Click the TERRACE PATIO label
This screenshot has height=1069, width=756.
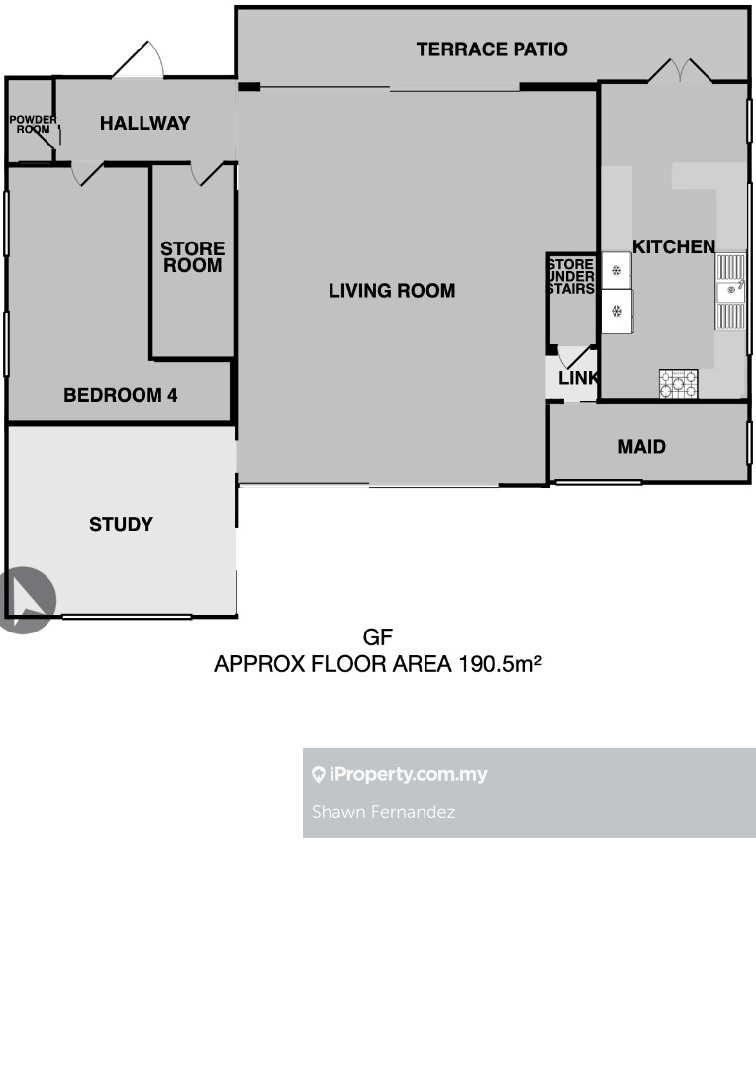point(492,49)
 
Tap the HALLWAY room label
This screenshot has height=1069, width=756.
point(145,123)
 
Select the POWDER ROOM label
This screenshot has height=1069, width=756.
point(33,124)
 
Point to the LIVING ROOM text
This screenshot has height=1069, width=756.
point(392,291)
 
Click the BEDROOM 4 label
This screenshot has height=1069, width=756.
point(121,395)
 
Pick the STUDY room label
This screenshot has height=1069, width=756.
point(122,524)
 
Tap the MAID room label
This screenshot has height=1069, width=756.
point(642,447)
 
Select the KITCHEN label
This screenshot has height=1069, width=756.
point(674,246)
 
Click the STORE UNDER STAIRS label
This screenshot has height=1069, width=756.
point(571,276)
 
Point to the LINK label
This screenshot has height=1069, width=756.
point(578,378)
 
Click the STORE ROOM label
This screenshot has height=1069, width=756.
point(193,257)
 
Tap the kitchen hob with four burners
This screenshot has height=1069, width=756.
point(678,384)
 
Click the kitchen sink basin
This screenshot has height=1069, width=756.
point(731,291)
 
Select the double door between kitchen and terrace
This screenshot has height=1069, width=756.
point(680,71)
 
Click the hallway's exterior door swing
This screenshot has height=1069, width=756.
point(139,60)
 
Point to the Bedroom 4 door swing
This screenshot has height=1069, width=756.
point(86,173)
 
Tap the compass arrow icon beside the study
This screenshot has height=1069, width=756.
point(28,600)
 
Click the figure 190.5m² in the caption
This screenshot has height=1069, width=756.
point(501,663)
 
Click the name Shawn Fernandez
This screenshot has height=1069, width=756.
point(383,812)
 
